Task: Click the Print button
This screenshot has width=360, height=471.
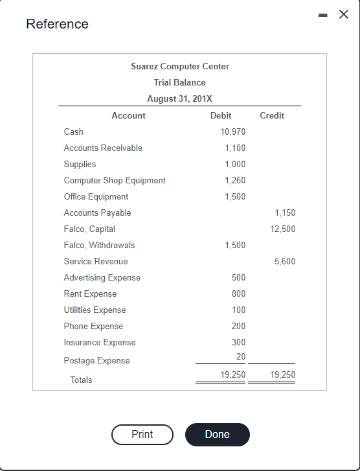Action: (x=142, y=435)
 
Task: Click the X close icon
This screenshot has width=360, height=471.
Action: (x=344, y=15)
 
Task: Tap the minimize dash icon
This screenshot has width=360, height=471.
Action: (x=326, y=15)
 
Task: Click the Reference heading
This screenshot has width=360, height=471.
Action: (x=57, y=24)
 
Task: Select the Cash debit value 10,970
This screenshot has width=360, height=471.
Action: (x=232, y=132)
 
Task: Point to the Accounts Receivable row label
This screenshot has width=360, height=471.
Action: (x=103, y=148)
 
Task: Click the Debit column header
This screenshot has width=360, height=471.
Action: (x=221, y=116)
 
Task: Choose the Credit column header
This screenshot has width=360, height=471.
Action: (x=272, y=116)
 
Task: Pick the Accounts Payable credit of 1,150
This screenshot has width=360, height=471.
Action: (x=285, y=213)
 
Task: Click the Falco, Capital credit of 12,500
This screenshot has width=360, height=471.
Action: (x=282, y=229)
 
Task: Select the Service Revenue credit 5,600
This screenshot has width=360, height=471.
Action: (x=285, y=262)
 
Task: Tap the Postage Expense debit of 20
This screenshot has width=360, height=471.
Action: (x=241, y=357)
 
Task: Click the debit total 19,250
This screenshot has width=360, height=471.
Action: (x=232, y=375)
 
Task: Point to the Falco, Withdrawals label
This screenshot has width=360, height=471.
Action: (x=99, y=246)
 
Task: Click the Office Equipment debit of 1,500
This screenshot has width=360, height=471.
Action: (x=235, y=197)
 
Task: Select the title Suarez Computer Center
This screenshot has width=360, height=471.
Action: (x=180, y=67)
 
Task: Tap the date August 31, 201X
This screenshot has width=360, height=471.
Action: (x=180, y=99)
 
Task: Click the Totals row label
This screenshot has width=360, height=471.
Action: (x=81, y=380)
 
